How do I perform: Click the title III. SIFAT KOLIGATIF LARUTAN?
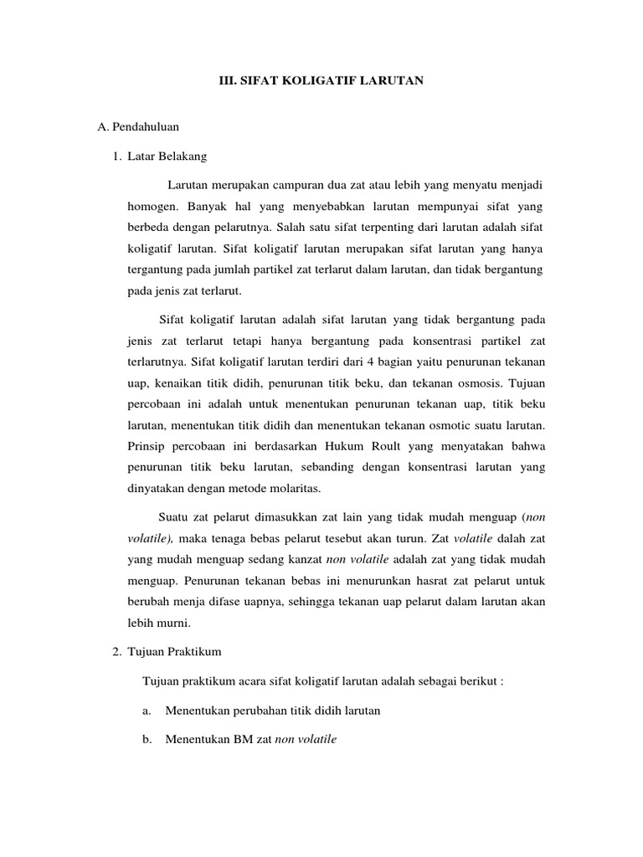[321, 80]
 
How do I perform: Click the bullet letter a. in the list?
[146, 711]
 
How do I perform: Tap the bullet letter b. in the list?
[146, 740]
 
